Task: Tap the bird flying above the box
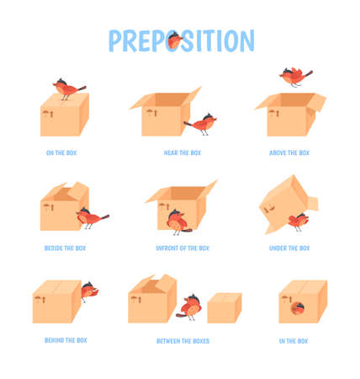[295, 76]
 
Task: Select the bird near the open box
[203, 124]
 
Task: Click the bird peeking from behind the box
[88, 291]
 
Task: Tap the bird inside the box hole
[296, 307]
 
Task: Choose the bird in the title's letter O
[174, 40]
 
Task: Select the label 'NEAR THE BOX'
[183, 153]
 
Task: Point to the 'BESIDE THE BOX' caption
[65, 248]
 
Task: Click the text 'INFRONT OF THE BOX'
[182, 248]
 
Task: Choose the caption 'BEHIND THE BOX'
[65, 340]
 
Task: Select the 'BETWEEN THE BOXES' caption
[183, 341]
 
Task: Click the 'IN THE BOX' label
[293, 341]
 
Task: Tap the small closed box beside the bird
[224, 307]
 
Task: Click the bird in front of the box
[177, 222]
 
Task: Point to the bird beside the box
[90, 217]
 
